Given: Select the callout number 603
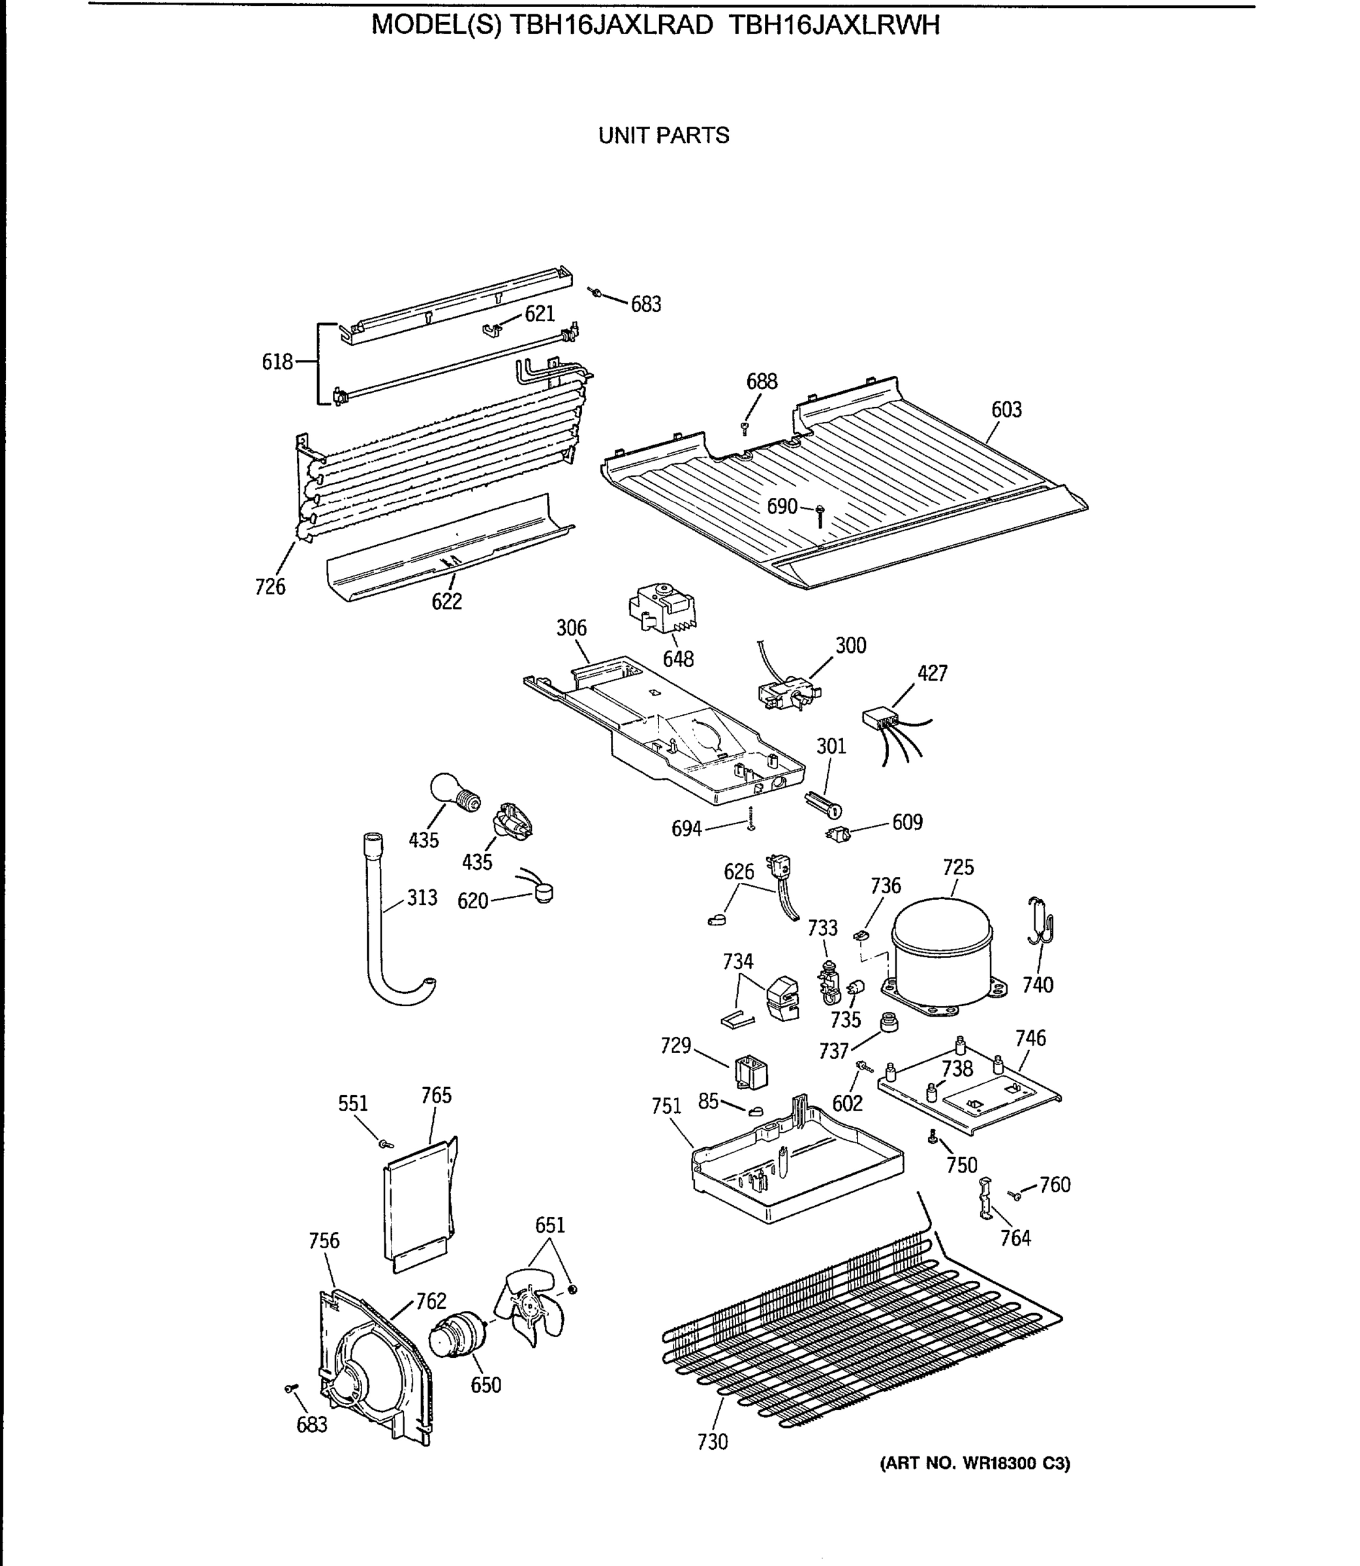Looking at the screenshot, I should point(1006,410).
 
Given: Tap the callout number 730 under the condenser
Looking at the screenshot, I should point(712,1441).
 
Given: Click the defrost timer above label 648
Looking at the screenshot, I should point(662,607).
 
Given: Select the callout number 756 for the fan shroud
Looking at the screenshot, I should point(324,1240).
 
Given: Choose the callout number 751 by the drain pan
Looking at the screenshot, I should point(666,1106).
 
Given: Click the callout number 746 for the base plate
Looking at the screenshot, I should point(1030,1038).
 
